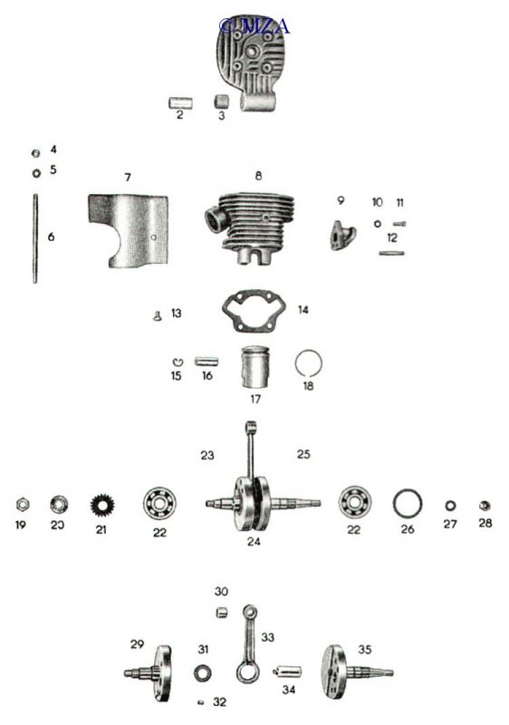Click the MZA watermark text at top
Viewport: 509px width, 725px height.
tap(255, 26)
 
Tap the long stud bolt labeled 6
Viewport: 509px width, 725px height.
tap(34, 238)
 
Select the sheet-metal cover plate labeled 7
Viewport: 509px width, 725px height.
tap(128, 231)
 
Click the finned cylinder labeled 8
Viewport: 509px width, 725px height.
tap(250, 227)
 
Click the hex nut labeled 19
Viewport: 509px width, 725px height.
tap(21, 504)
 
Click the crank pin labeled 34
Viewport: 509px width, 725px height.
tap(288, 671)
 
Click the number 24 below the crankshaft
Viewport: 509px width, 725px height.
tap(254, 541)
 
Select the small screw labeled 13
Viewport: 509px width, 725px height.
tap(158, 316)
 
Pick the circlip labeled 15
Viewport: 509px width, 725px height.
tap(178, 362)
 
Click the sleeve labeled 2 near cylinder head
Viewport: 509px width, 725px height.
tap(180, 102)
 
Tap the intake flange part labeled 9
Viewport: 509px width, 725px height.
tap(343, 235)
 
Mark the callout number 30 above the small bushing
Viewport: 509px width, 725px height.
tap(222, 592)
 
